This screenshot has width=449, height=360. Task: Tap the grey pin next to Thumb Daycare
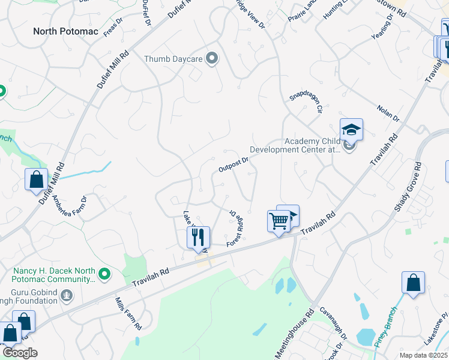[211, 58]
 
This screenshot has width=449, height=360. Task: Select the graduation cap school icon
[351, 128]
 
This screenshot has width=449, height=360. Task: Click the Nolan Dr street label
[388, 112]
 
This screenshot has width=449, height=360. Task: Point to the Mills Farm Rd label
[128, 315]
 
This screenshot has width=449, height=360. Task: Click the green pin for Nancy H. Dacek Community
[105, 274]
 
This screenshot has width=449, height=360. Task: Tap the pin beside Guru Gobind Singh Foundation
[67, 295]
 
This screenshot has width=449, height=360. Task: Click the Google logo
[19, 353]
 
